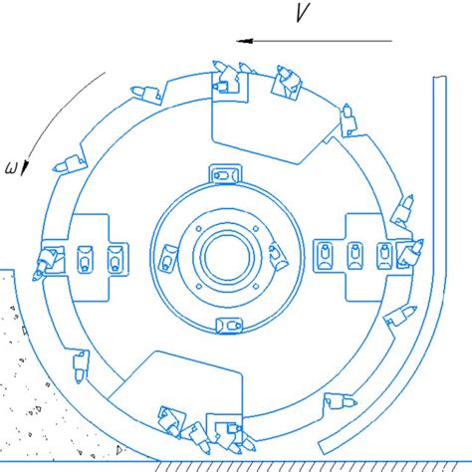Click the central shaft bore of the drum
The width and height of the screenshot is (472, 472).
[228, 258]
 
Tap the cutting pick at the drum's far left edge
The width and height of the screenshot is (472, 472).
[47, 262]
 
